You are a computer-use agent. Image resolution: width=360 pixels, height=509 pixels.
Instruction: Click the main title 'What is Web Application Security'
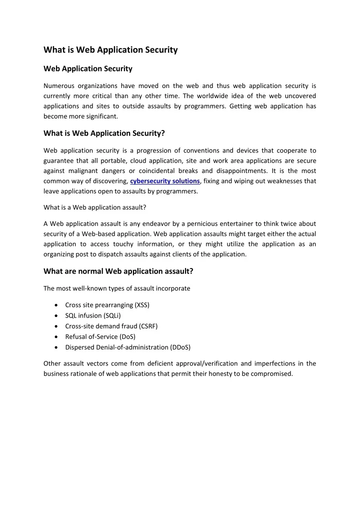click(110, 50)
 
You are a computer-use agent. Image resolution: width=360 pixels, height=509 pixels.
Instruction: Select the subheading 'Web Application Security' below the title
click(88, 68)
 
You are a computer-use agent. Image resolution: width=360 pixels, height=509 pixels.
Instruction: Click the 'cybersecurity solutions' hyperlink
click(165, 180)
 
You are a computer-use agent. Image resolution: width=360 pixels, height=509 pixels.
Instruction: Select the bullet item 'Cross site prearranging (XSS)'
click(107, 304)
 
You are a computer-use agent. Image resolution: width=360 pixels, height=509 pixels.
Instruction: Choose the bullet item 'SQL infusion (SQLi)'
click(93, 315)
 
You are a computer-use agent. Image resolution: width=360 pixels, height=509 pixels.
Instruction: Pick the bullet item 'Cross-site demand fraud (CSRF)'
click(111, 325)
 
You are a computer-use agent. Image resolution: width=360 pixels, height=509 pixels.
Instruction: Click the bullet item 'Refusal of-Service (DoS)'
click(101, 336)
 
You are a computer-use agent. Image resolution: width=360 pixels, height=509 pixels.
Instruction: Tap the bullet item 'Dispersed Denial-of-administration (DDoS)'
click(127, 346)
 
